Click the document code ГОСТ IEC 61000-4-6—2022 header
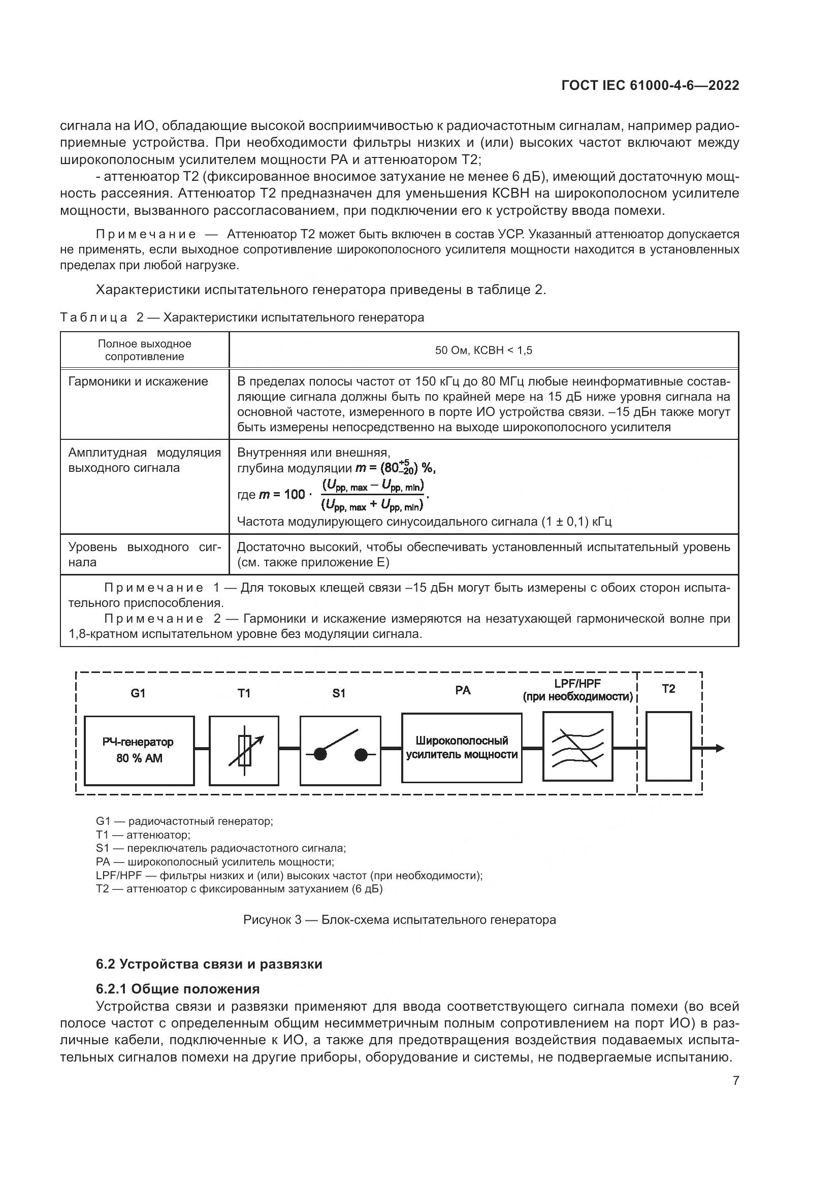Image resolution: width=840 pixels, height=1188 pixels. (650, 85)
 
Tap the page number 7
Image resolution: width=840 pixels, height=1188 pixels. (735, 1080)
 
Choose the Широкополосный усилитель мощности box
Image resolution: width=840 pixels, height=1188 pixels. (462, 748)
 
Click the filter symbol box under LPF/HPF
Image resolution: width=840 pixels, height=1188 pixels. (578, 746)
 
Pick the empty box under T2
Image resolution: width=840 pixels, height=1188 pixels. (669, 746)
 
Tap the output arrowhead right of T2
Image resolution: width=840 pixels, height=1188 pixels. (720, 748)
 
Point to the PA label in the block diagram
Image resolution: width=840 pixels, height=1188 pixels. (463, 690)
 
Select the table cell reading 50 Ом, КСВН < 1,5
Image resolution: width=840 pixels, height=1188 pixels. (483, 350)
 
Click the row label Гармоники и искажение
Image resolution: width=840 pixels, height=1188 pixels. (138, 381)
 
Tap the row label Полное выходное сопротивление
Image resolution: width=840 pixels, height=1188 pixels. (145, 350)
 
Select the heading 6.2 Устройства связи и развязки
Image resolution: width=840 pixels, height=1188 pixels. (209, 964)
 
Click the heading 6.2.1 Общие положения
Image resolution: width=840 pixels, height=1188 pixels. (178, 989)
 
